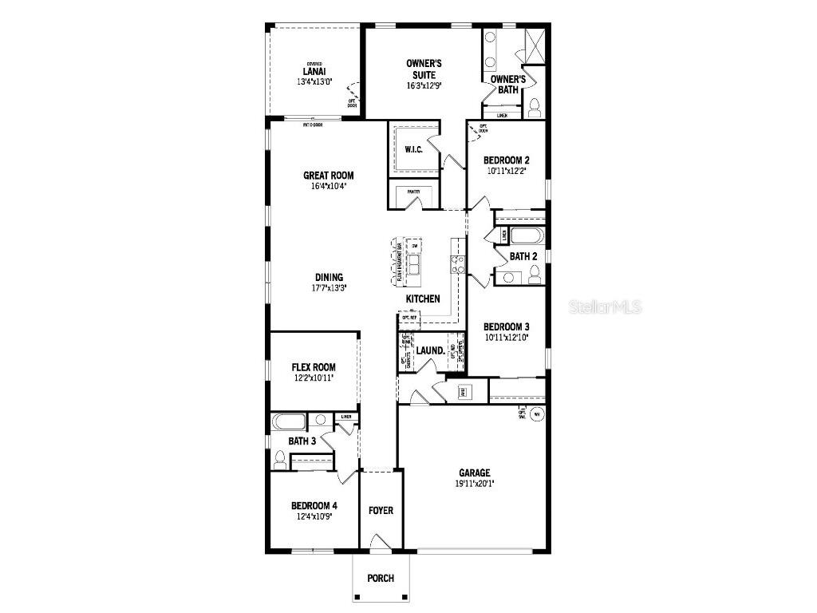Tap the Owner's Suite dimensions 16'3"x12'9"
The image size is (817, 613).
pyautogui.click(x=424, y=85)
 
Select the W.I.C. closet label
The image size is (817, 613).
pyautogui.click(x=413, y=149)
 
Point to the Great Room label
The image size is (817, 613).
pyautogui.click(x=328, y=176)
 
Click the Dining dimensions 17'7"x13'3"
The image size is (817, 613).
pyautogui.click(x=328, y=288)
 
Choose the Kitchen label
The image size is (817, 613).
pyautogui.click(x=423, y=299)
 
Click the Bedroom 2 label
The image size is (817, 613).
pyautogui.click(x=506, y=160)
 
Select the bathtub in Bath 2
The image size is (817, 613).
pyautogui.click(x=527, y=236)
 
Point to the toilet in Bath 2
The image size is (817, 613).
pyautogui.click(x=535, y=275)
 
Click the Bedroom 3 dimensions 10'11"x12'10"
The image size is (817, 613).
pyautogui.click(x=506, y=338)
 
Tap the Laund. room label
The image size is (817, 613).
pyautogui.click(x=430, y=350)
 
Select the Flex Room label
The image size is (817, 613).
pyautogui.click(x=313, y=367)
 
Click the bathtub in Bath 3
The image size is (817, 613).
pyautogui.click(x=287, y=421)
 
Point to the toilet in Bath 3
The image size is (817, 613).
pyautogui.click(x=280, y=459)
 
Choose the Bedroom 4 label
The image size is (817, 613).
pyautogui.click(x=314, y=505)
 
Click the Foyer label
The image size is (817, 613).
pyautogui.click(x=381, y=510)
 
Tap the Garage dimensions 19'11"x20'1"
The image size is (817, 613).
pyautogui.click(x=474, y=483)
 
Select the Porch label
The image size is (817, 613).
pyautogui.click(x=381, y=578)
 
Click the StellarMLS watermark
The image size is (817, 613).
pyautogui.click(x=606, y=306)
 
